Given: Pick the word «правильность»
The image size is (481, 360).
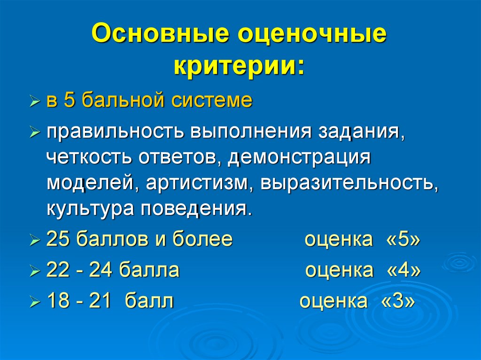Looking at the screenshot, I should pyautogui.click(x=115, y=132).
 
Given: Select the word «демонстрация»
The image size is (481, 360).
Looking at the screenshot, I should pyautogui.click(x=299, y=158).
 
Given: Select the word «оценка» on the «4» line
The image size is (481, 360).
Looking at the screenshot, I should pyautogui.click(x=340, y=270).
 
